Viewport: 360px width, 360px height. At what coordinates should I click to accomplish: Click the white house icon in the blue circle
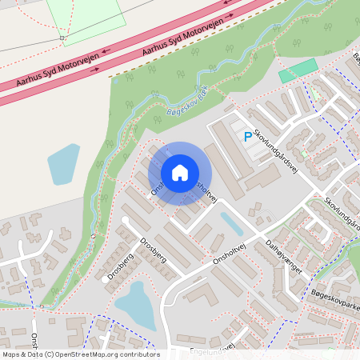(180, 173)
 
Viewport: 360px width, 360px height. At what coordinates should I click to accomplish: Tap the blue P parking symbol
(247, 138)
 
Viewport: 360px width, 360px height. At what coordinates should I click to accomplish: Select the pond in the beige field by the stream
(63, 164)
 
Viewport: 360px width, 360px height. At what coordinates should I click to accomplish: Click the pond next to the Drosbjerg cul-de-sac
(134, 302)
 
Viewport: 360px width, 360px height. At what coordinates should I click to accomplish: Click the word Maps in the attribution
(12, 354)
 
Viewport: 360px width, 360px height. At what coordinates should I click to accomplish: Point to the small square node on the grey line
(62, 38)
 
